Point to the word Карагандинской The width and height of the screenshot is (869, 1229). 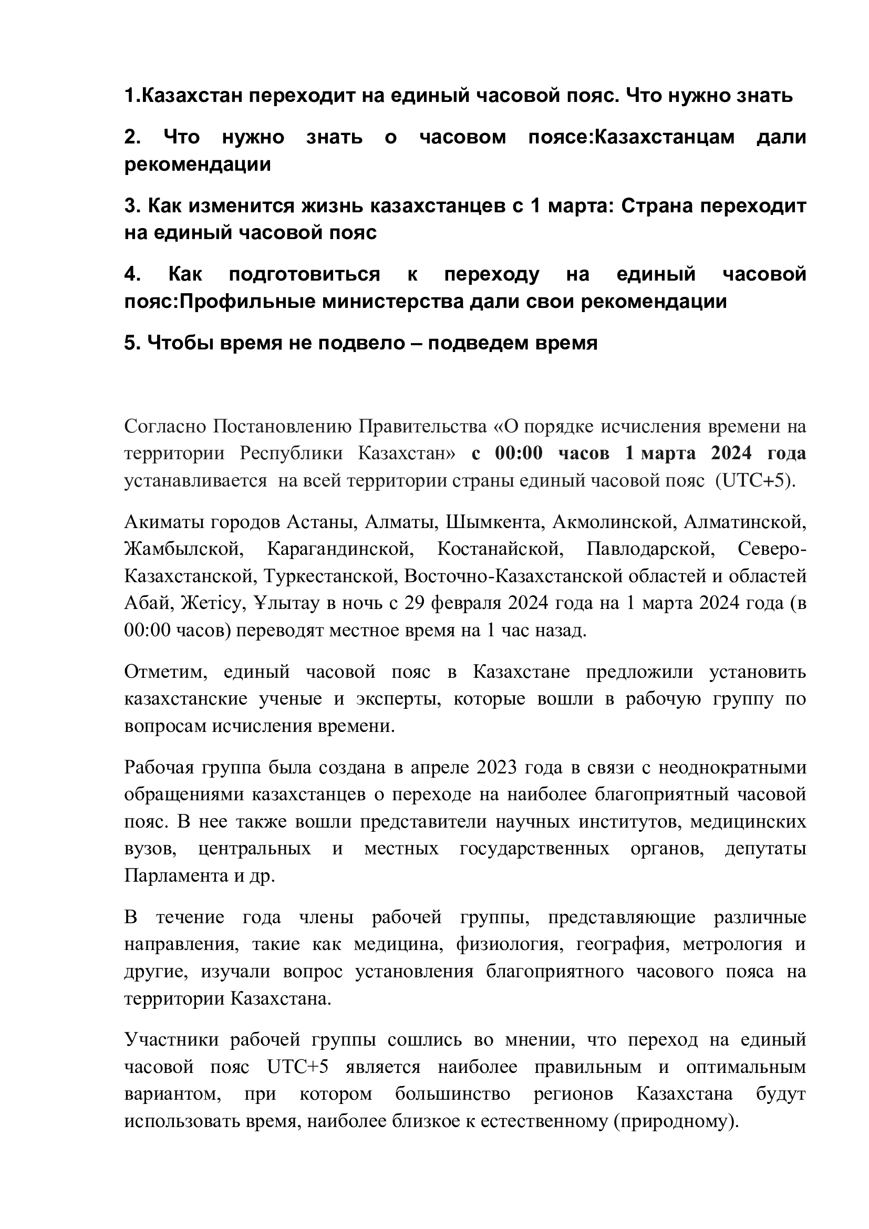click(x=340, y=549)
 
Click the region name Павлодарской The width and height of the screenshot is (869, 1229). click(x=650, y=549)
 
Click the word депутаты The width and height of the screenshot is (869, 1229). click(x=765, y=849)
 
